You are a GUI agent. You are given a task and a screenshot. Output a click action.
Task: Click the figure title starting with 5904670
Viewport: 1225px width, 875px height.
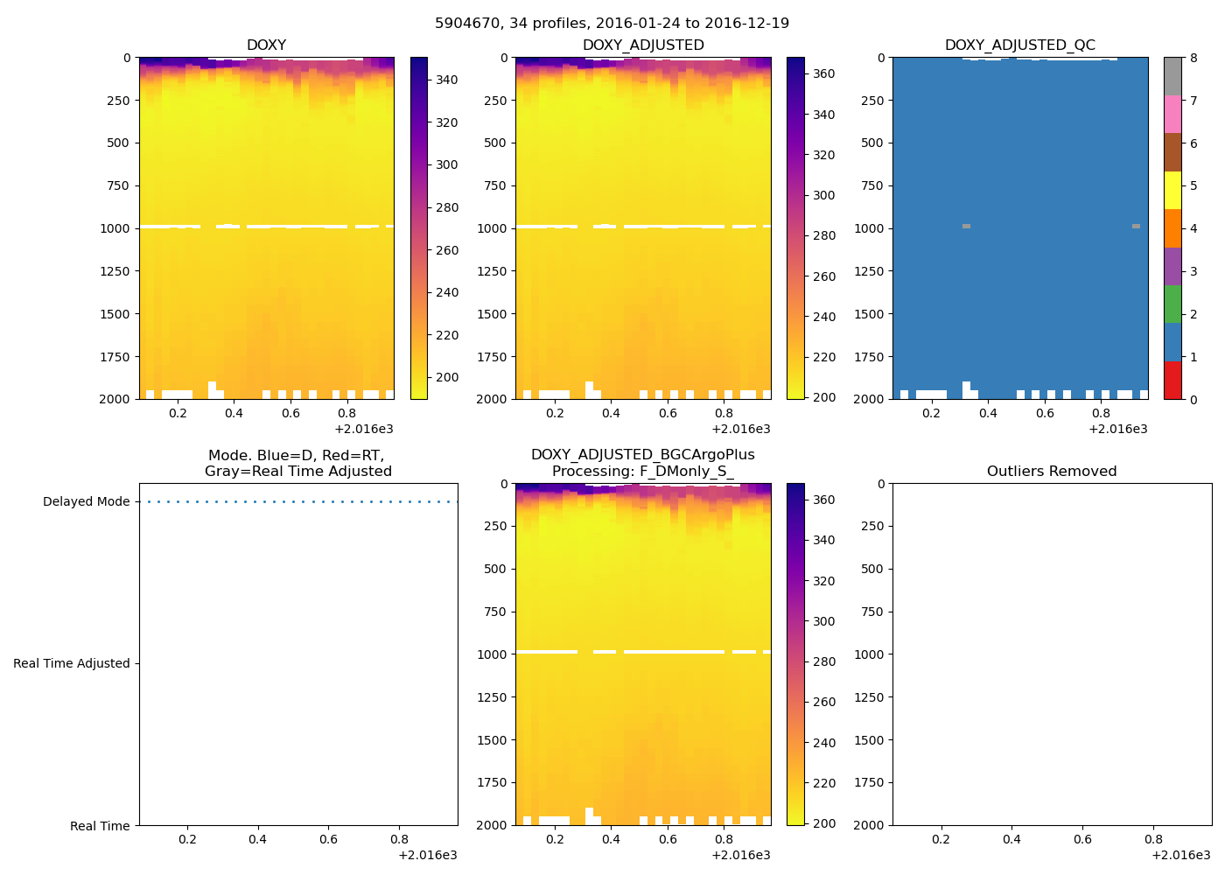pos(612,23)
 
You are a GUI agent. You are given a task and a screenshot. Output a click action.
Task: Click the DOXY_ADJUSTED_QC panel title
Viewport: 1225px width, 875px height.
pos(1019,45)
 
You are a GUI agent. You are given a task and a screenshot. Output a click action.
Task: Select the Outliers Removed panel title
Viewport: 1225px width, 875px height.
pos(1052,472)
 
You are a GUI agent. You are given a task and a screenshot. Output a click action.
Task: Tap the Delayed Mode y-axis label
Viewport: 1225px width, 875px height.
pos(86,502)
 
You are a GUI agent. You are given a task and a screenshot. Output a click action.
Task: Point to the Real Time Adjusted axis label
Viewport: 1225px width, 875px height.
pos(71,664)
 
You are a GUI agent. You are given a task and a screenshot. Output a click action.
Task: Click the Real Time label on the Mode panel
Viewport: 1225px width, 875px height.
pos(100,826)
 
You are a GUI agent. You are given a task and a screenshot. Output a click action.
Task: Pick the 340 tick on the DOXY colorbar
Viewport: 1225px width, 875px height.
pos(446,80)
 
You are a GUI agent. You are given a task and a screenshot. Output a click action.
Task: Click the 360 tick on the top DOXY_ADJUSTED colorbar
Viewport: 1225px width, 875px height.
pos(823,74)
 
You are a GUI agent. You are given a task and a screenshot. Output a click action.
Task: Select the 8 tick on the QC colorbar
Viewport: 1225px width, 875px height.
pos(1193,59)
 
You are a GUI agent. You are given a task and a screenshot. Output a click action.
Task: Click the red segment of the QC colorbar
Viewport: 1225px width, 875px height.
pos(1172,380)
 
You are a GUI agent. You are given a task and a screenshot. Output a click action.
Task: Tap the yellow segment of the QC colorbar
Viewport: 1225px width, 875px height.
pos(1172,190)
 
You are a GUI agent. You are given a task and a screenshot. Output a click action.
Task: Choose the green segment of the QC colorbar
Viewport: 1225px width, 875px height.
pos(1172,304)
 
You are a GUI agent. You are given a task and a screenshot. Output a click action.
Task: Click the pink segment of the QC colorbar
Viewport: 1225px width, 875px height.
pos(1172,114)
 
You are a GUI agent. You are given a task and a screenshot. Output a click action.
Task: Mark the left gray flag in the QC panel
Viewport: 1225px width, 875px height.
pos(966,227)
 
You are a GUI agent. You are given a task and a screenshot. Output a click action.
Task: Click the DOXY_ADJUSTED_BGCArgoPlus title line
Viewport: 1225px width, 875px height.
pos(642,455)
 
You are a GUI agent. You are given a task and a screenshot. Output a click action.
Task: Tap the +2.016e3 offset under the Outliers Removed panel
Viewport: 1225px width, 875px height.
pos(1180,856)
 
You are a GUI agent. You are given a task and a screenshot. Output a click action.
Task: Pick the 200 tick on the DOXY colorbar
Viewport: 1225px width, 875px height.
pos(446,378)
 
